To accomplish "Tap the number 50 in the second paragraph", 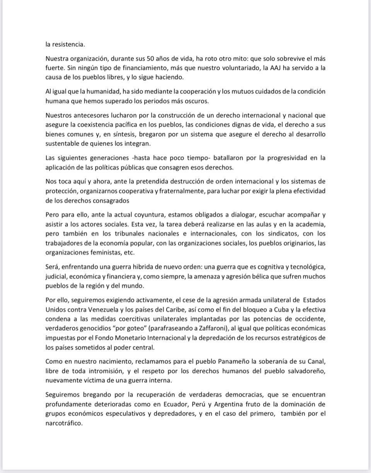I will pyautogui.click(x=151, y=59).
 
